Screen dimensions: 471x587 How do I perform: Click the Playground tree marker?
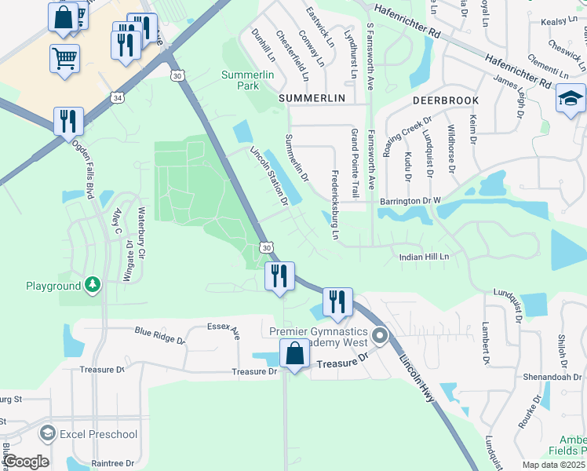tap(93, 283)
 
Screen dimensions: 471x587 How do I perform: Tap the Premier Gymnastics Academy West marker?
tap(381, 336)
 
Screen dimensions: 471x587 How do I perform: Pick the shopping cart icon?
tap(64, 57)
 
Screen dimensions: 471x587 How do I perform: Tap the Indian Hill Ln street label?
tap(423, 257)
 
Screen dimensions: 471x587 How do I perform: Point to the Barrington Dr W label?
tap(410, 201)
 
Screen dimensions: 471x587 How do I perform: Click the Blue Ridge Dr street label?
tap(159, 336)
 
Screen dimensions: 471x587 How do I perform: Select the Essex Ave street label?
tap(223, 330)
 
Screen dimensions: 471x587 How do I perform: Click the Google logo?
tap(25, 462)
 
